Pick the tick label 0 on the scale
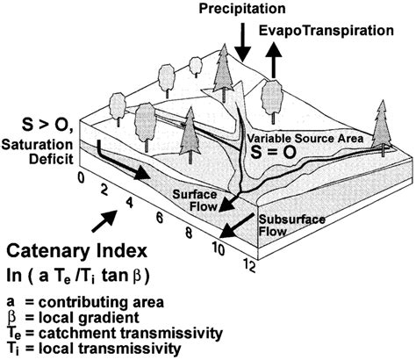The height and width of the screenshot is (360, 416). point(80,175)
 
